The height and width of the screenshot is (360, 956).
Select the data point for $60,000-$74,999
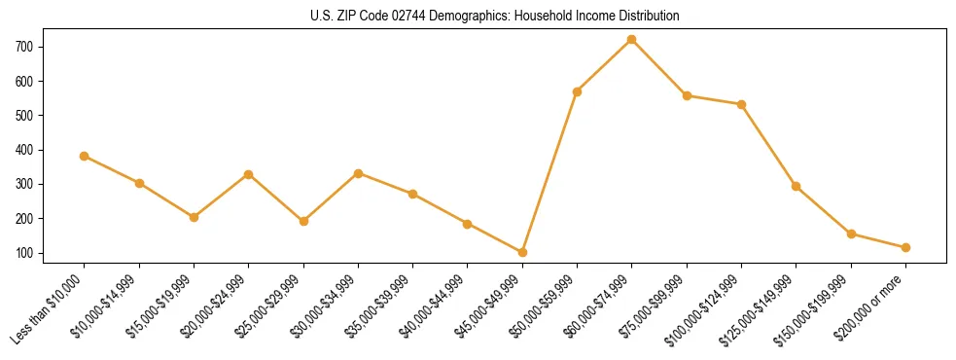click(632, 40)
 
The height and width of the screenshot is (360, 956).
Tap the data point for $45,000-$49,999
click(523, 252)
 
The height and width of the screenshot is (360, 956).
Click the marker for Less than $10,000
click(85, 156)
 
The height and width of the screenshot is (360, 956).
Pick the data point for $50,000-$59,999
click(578, 91)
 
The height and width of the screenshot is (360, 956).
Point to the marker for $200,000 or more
click(906, 247)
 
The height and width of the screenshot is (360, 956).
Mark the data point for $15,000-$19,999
click(195, 217)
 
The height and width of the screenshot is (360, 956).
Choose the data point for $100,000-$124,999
click(742, 104)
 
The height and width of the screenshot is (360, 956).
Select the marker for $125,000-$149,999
click(797, 186)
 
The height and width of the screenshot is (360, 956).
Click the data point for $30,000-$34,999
click(359, 173)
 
